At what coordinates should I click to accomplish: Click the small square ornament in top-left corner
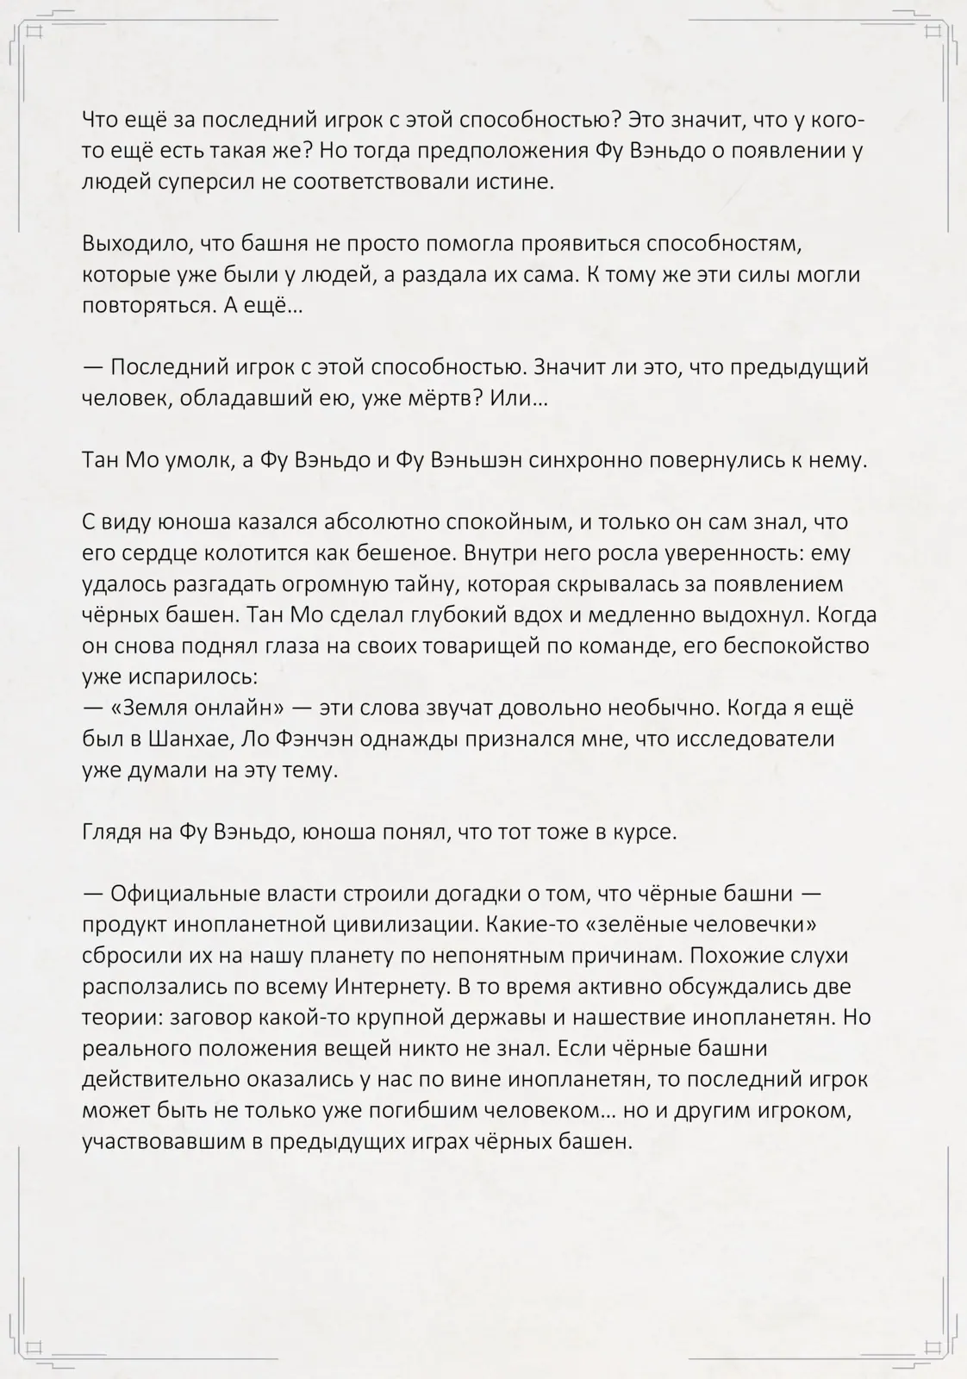[35, 32]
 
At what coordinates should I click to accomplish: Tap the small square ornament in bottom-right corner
[932, 1347]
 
